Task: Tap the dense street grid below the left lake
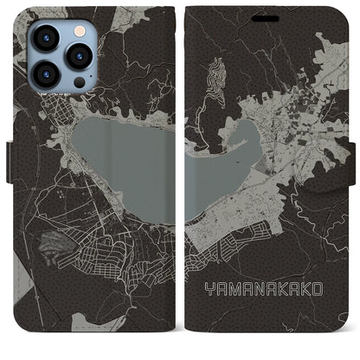[112, 251]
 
